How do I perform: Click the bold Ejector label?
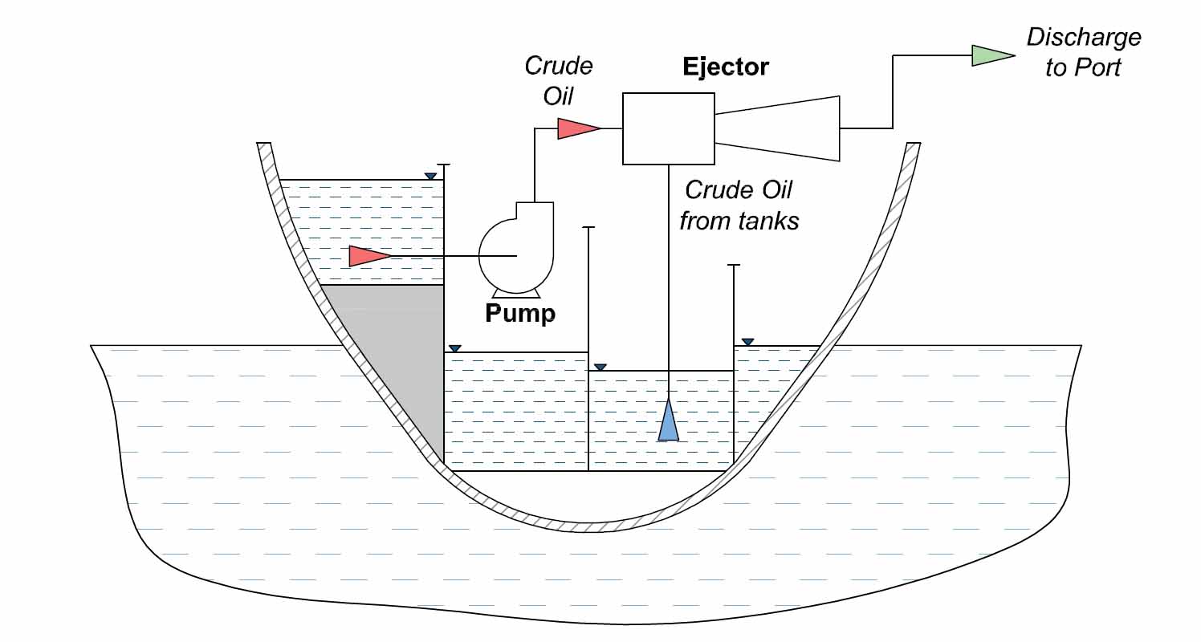pos(725,67)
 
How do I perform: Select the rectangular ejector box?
pos(669,128)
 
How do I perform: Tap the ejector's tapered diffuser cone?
pos(777,128)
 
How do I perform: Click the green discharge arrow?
pos(992,55)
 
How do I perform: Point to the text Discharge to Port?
pos(1083,52)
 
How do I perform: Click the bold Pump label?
pos(519,312)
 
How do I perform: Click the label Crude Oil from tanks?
pos(739,205)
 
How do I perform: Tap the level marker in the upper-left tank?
pos(431,177)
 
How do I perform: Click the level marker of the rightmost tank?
pos(747,343)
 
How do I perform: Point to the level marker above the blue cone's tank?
pos(599,367)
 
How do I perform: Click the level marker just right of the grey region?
pos(455,348)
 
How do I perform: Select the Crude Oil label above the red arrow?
pos(558,80)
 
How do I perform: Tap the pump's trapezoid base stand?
pos(515,291)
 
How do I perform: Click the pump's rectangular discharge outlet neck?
pos(533,211)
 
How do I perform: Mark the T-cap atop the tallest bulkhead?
pos(443,165)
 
